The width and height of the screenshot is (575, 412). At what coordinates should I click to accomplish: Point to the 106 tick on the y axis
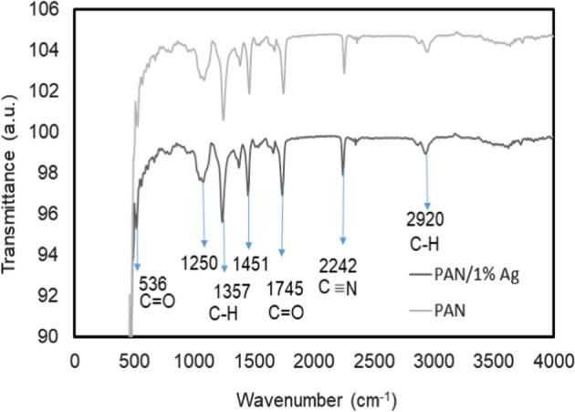pyautogui.click(x=49, y=9)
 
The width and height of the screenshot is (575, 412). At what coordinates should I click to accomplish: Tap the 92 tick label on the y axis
pyautogui.click(x=49, y=296)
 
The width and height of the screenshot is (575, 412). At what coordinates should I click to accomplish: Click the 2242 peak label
pyautogui.click(x=338, y=264)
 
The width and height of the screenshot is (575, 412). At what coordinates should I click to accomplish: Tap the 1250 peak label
pyautogui.click(x=198, y=264)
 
